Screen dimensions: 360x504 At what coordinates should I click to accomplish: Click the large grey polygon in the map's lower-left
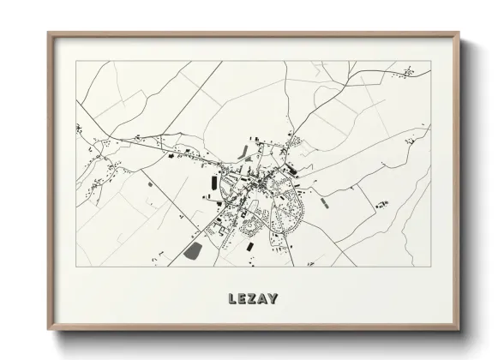click(193, 252)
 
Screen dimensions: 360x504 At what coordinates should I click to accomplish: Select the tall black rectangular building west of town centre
click(209, 186)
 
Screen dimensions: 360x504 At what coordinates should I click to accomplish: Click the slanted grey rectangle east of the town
click(324, 202)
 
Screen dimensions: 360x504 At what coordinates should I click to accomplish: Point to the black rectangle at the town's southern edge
click(249, 247)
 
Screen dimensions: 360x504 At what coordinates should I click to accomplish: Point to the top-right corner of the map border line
click(430, 62)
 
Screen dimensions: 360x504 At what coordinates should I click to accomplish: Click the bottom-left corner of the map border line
click(76, 266)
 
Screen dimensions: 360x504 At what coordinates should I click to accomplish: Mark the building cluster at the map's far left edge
click(79, 130)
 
